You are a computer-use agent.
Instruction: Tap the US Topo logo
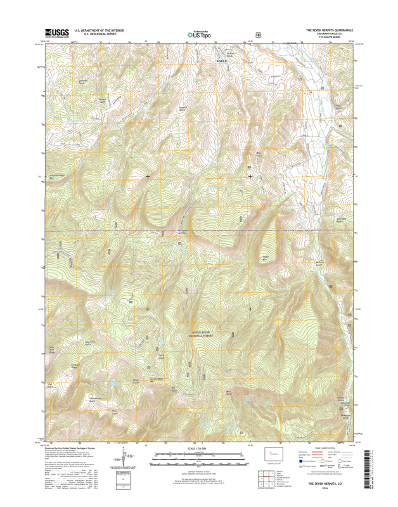pyautogui.click(x=199, y=35)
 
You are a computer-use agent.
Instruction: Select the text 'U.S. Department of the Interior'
pyautogui.click(x=99, y=30)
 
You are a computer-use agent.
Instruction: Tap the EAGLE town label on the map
pyautogui.click(x=222, y=61)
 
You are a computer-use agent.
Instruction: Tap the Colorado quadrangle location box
pyautogui.click(x=274, y=454)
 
